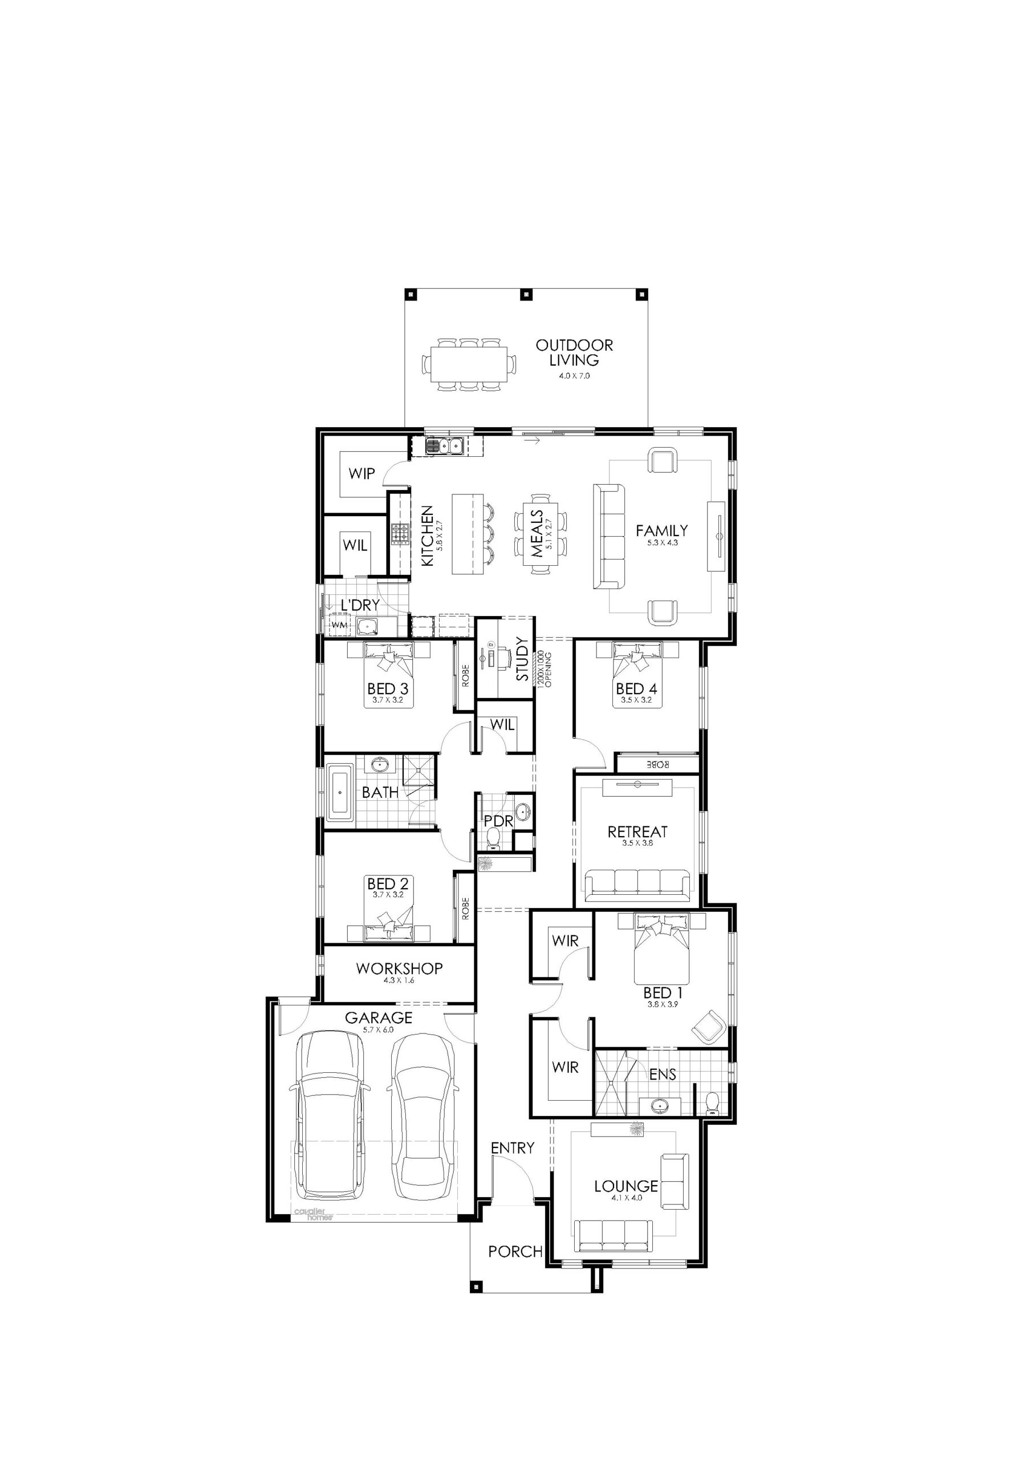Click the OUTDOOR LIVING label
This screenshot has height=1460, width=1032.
click(x=574, y=353)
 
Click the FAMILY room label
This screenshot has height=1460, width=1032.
click(x=661, y=530)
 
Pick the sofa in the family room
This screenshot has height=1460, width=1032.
click(x=609, y=537)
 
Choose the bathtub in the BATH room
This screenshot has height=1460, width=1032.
click(x=340, y=793)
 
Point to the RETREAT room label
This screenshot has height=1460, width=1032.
click(x=637, y=832)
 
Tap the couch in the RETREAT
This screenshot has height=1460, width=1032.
click(x=637, y=885)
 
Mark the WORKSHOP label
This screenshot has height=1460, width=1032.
click(x=399, y=968)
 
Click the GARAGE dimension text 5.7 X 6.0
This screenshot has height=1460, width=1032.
click(x=379, y=1029)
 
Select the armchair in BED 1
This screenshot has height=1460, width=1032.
click(x=709, y=1025)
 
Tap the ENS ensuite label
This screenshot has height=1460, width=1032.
click(x=662, y=1074)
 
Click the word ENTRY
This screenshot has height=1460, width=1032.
click(x=513, y=1148)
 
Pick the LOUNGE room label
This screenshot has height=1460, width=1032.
click(x=625, y=1186)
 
